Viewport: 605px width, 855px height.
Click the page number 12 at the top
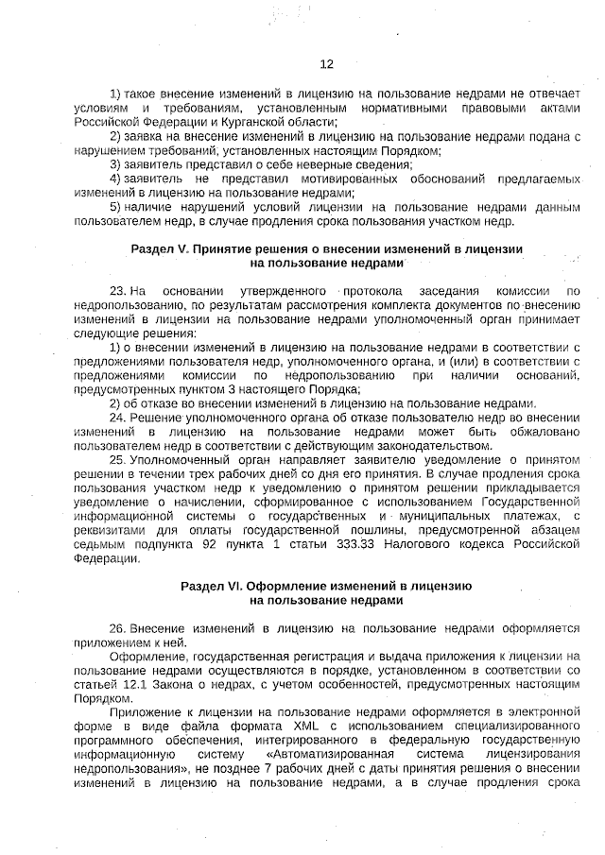coord(326,64)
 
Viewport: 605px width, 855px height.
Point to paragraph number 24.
coord(116,416)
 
